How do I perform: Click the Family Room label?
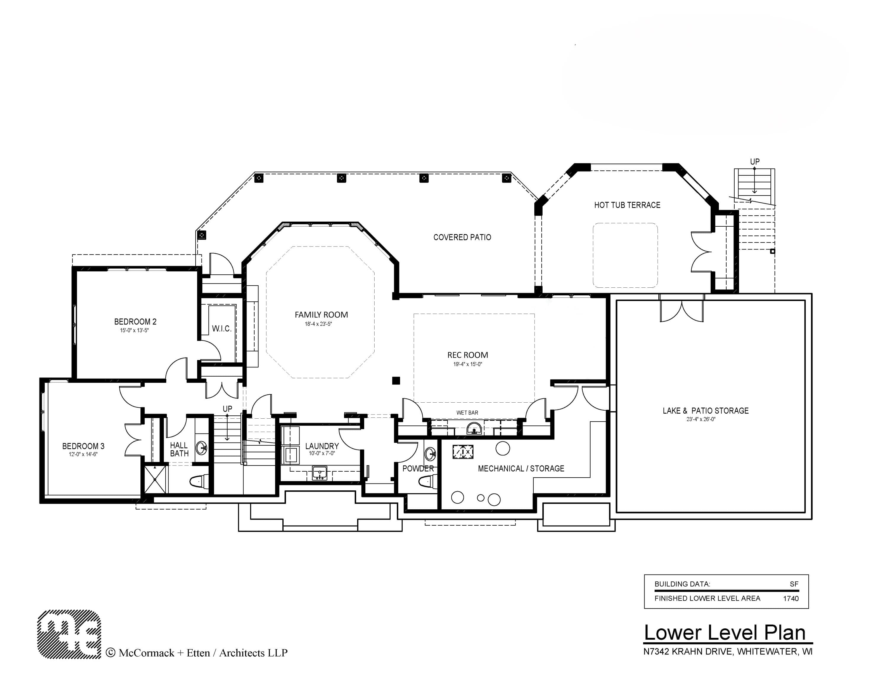[321, 315]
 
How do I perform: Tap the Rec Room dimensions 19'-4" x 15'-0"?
[468, 364]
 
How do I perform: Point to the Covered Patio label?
[462, 237]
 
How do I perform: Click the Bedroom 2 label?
[135, 321]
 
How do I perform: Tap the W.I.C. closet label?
[221, 329]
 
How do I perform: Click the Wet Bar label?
[467, 413]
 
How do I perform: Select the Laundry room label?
[322, 446]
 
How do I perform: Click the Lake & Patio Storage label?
[705, 411]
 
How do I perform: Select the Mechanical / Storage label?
[521, 468]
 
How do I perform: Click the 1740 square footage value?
[791, 598]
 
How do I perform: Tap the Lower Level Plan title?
[725, 633]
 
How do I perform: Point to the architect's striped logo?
[69, 634]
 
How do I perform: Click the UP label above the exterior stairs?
[755, 161]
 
